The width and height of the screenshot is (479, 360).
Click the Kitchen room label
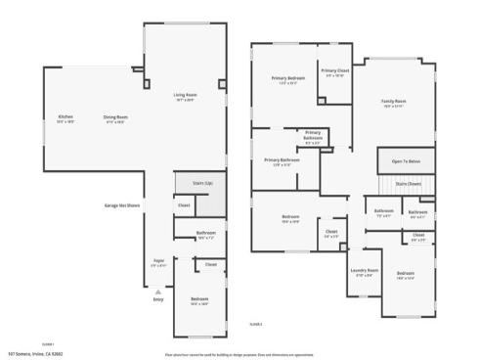point(65,118)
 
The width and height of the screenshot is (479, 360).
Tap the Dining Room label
point(115,118)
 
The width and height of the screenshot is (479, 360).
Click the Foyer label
point(157,262)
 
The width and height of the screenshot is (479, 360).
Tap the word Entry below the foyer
point(158,299)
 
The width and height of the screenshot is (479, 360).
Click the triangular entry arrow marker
point(158,291)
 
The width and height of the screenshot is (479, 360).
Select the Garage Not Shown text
point(120,205)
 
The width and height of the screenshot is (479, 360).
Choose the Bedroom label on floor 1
point(199,300)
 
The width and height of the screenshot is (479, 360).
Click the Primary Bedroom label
point(288,79)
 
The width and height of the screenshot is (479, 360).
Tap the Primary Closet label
point(335,72)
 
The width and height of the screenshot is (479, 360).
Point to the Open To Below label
point(407,161)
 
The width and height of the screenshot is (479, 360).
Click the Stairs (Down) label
point(408,183)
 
